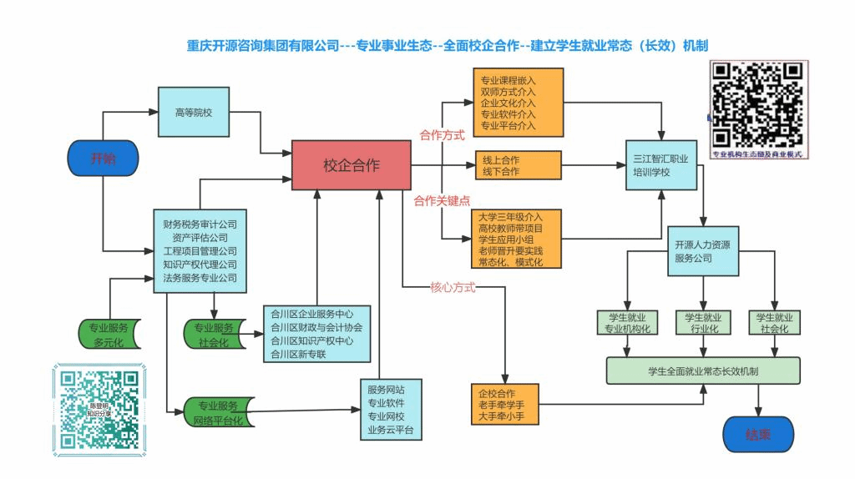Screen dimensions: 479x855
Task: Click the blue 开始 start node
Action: click(103, 159)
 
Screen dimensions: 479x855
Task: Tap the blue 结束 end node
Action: click(757, 435)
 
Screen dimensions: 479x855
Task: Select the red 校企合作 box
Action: click(351, 165)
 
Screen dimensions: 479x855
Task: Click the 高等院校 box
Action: click(193, 111)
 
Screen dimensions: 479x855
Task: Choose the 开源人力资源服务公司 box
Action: click(702, 252)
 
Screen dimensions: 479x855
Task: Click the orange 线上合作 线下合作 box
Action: click(518, 165)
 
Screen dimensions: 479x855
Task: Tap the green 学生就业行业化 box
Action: click(703, 323)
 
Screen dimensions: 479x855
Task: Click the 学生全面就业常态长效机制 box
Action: click(703, 370)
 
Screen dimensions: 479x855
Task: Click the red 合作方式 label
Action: click(442, 135)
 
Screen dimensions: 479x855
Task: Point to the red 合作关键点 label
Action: click(442, 200)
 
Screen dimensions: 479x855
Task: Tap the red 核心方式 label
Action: click(453, 288)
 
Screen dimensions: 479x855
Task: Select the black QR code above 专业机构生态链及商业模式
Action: click(756, 103)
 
